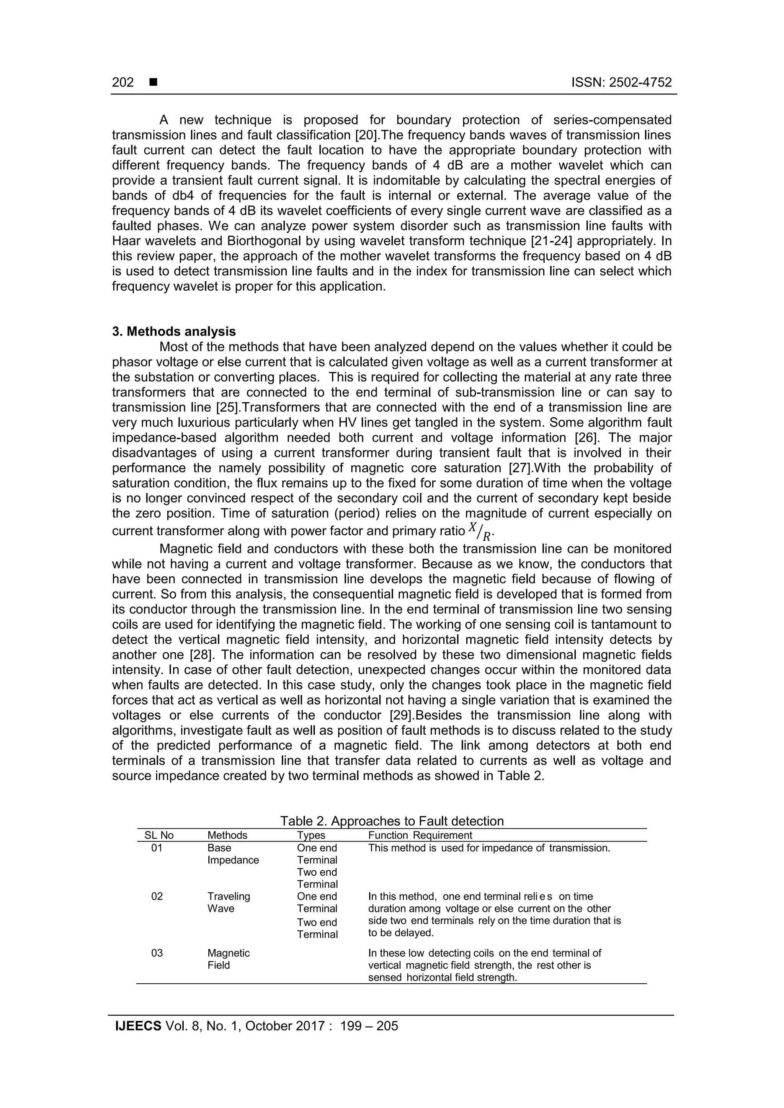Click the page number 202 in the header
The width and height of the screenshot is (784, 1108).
click(x=123, y=83)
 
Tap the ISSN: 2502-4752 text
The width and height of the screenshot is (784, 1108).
click(x=621, y=83)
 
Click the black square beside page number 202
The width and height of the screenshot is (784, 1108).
click(x=154, y=83)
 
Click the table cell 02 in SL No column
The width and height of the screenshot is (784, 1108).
click(x=157, y=896)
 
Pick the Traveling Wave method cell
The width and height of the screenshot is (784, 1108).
click(x=229, y=902)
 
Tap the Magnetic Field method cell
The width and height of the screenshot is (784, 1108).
click(x=229, y=959)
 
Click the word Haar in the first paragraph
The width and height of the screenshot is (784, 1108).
click(x=127, y=241)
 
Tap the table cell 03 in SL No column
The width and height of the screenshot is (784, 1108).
click(x=157, y=953)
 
